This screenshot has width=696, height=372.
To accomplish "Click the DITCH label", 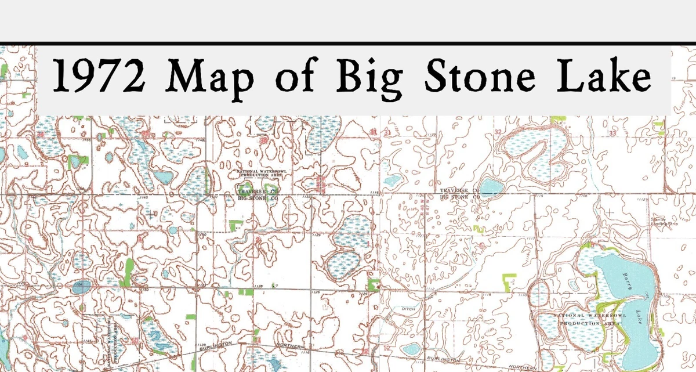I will click(408, 309).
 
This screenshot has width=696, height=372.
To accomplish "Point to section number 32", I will click(498, 133).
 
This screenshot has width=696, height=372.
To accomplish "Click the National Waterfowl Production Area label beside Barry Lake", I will click(591, 319).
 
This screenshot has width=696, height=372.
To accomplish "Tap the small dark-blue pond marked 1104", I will click(81, 286).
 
